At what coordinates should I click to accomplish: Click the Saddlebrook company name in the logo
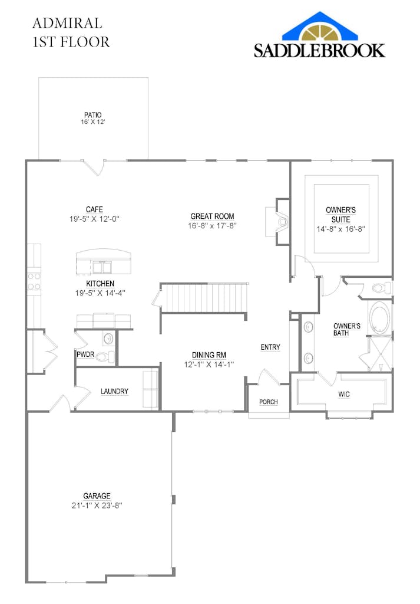(x=319, y=51)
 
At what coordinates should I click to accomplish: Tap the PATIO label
(x=93, y=115)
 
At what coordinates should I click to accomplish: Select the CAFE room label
(x=94, y=209)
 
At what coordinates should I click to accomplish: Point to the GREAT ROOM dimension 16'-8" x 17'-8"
(x=212, y=226)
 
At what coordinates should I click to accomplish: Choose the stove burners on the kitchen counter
(x=34, y=281)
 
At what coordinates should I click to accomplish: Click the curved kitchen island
(x=104, y=262)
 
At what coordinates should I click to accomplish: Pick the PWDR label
(x=85, y=354)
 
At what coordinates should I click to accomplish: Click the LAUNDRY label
(x=114, y=392)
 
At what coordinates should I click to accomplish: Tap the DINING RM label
(x=209, y=355)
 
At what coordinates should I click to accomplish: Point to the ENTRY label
(x=270, y=347)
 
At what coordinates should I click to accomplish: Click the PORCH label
(x=269, y=402)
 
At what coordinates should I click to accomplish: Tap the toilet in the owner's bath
(x=382, y=287)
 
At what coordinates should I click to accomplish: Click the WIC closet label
(x=344, y=394)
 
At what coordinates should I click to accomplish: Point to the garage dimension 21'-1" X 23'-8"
(x=97, y=505)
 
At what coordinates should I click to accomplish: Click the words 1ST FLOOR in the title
(x=71, y=42)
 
